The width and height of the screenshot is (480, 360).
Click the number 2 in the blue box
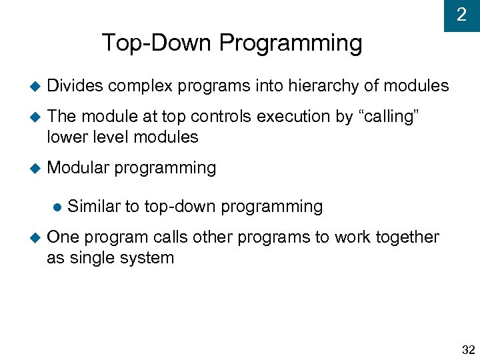[x=461, y=15]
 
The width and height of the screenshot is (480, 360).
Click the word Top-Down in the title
[x=157, y=43]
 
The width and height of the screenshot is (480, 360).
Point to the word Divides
[x=75, y=85]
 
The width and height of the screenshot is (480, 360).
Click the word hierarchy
[x=326, y=86]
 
